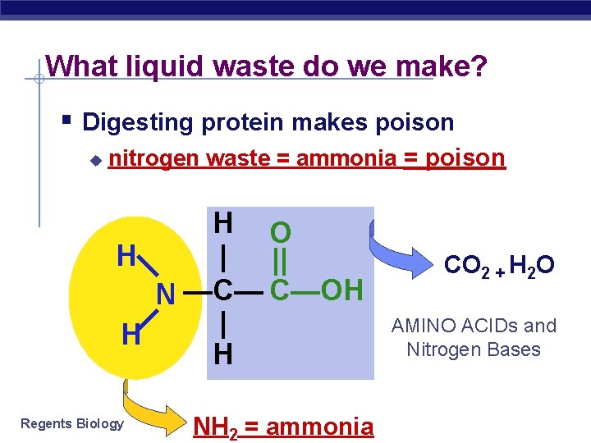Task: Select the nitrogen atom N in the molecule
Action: click(x=166, y=293)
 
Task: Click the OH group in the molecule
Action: click(x=341, y=289)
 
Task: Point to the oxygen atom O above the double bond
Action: click(x=280, y=233)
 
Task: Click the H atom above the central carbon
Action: click(x=222, y=222)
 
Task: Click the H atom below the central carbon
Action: click(x=222, y=354)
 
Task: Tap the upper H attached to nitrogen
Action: click(x=126, y=257)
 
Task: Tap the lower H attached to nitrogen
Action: click(x=130, y=335)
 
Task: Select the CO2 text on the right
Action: click(x=466, y=266)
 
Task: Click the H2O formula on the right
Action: click(x=532, y=266)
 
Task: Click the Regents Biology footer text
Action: click(x=72, y=423)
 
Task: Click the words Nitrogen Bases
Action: click(x=474, y=349)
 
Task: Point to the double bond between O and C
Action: click(x=280, y=262)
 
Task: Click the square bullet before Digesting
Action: click(x=67, y=121)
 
